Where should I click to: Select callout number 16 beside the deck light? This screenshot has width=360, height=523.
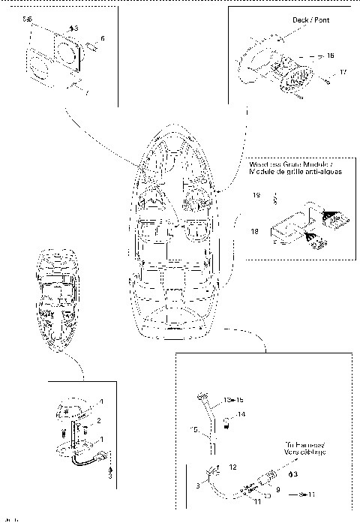tap(330, 56)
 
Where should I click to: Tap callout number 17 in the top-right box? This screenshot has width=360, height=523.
tap(342, 73)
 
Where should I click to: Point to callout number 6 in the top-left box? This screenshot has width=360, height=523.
tap(103, 38)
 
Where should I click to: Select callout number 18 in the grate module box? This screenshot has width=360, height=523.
tap(255, 233)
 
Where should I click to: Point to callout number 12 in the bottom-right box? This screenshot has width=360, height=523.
tap(233, 467)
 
